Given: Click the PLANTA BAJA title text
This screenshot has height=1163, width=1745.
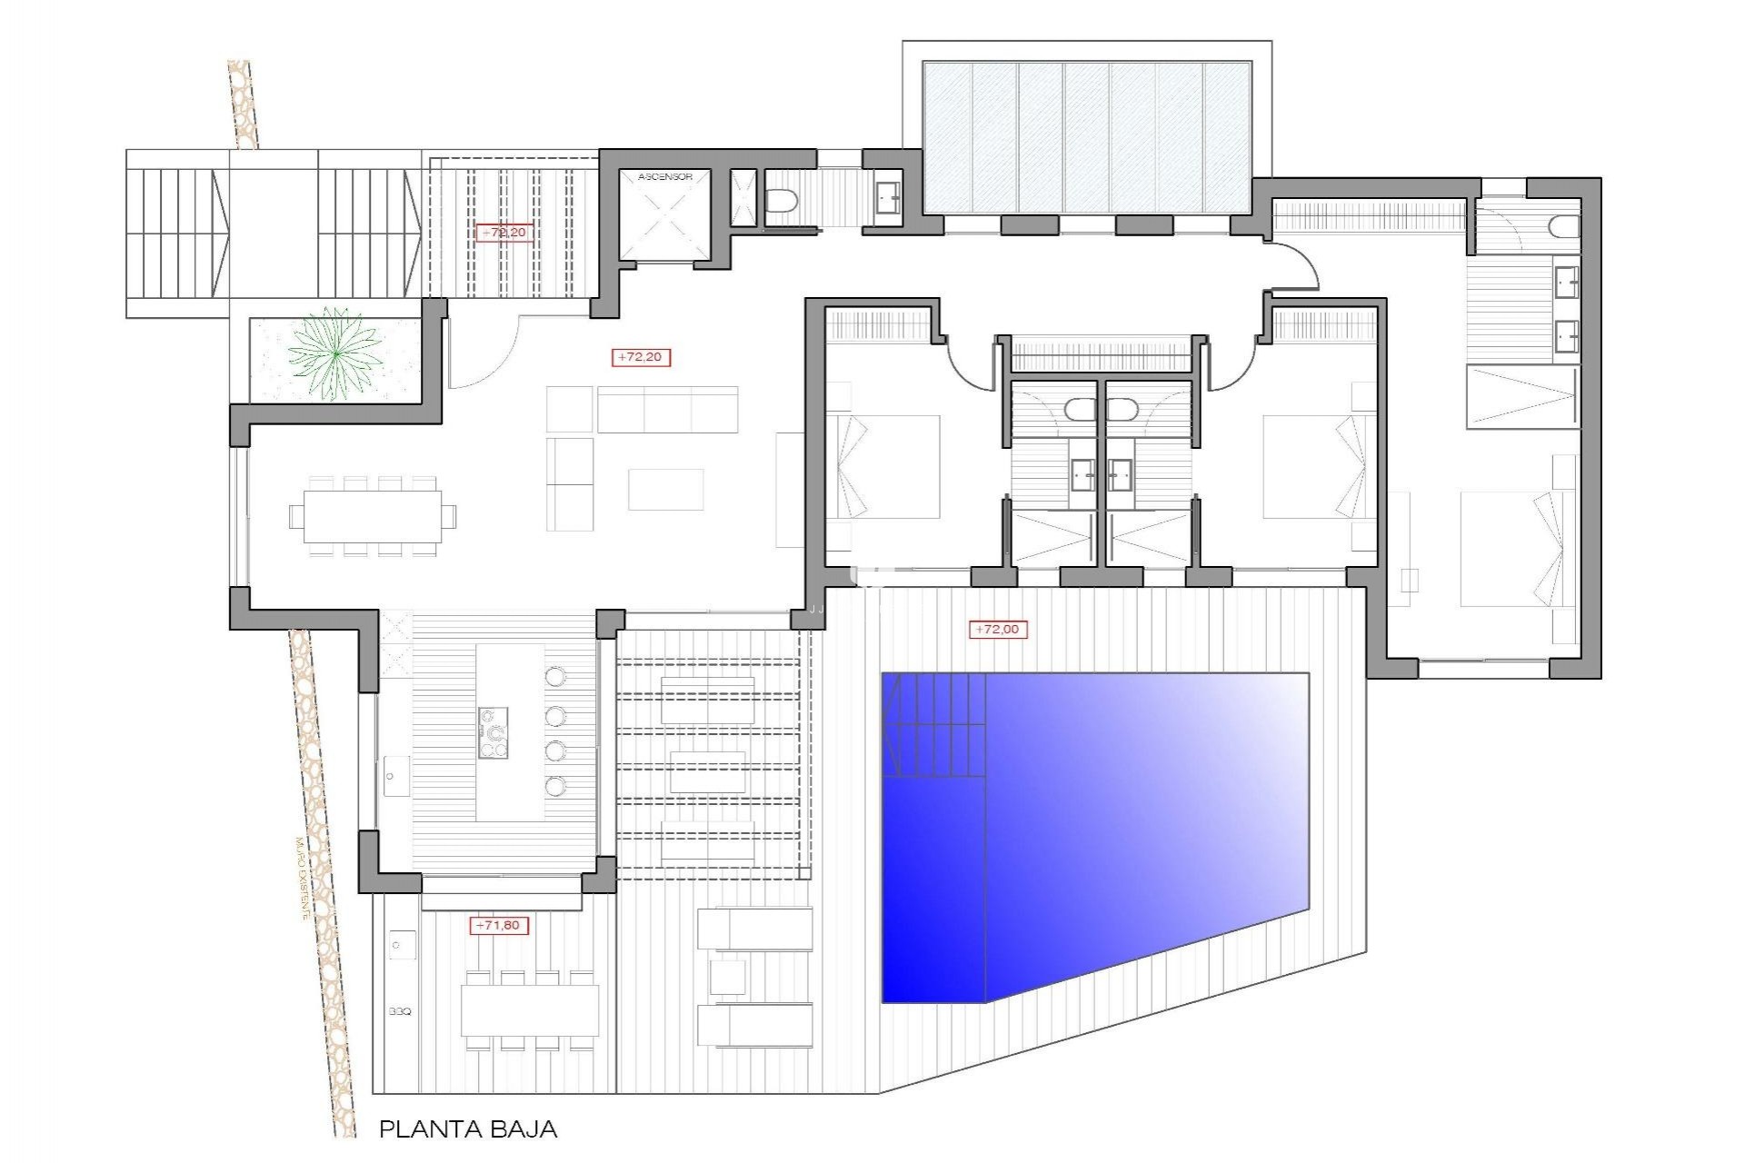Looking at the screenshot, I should [x=467, y=1129].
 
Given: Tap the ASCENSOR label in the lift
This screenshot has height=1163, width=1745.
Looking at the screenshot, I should [x=664, y=177].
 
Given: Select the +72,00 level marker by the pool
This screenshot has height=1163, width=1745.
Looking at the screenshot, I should [x=997, y=629].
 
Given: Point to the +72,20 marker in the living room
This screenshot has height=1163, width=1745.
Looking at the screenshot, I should [x=642, y=357].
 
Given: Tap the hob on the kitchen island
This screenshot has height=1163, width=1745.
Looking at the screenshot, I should [x=494, y=732].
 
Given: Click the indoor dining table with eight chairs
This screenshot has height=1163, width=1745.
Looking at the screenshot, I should [x=373, y=516].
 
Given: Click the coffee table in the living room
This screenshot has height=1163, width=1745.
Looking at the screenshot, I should [x=665, y=489].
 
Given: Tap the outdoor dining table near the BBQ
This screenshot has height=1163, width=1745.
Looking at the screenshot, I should [x=529, y=1009].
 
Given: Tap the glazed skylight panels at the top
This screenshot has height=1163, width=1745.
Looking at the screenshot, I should [x=1087, y=136].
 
